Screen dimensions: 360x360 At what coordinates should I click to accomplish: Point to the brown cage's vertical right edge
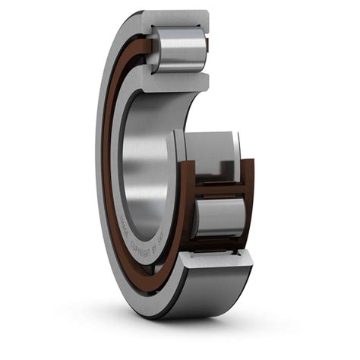pos(250,201)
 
